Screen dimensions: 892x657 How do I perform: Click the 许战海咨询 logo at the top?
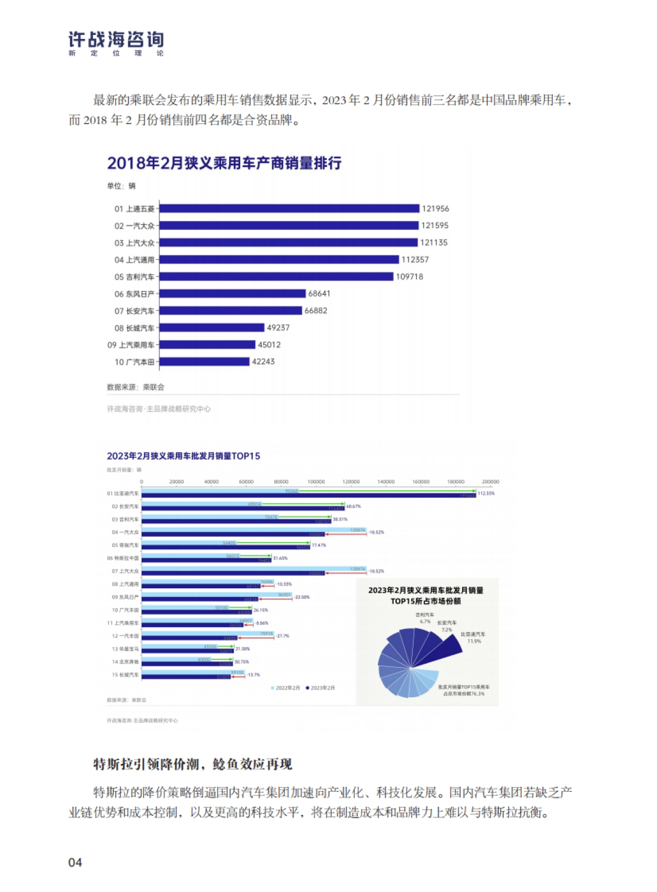click(116, 43)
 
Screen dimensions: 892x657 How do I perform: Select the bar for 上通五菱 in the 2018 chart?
click(289, 208)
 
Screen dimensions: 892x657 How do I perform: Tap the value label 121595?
click(435, 225)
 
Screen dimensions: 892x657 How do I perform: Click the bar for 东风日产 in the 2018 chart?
click(232, 294)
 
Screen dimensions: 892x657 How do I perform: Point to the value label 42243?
click(263, 362)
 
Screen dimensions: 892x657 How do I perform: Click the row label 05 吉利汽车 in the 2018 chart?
click(134, 277)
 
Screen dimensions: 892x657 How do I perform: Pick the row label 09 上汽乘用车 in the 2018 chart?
click(131, 345)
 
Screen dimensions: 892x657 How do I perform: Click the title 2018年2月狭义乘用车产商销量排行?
click(224, 163)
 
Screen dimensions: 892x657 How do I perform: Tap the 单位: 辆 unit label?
click(121, 186)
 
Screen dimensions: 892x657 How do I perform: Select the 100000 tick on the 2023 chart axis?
click(316, 482)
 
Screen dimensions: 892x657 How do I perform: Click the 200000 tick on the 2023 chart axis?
click(490, 482)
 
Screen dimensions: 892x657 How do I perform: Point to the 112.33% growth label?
click(486, 494)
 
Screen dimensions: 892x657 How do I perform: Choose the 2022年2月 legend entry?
click(286, 688)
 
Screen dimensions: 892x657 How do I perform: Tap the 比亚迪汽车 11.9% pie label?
click(473, 638)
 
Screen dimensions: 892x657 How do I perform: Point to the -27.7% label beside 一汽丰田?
click(283, 636)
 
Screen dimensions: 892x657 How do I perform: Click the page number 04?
click(75, 862)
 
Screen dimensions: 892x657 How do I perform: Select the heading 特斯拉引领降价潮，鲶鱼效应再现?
click(193, 764)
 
